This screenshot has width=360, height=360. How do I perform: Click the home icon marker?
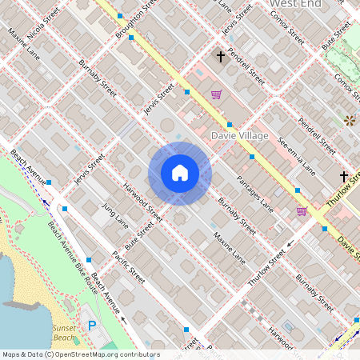(x=180, y=173)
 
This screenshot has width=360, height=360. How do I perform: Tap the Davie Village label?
(x=239, y=136)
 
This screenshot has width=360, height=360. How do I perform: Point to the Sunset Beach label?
(x=64, y=333)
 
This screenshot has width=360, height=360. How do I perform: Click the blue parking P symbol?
(x=91, y=326)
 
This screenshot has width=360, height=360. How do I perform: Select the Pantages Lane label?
(x=256, y=196)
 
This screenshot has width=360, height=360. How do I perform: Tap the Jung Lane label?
(x=114, y=215)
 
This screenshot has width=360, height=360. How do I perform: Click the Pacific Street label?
(x=128, y=268)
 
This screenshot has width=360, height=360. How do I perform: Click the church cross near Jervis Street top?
(x=220, y=57)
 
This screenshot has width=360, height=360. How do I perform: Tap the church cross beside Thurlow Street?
(x=344, y=176)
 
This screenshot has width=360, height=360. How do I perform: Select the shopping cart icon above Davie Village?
(x=216, y=94)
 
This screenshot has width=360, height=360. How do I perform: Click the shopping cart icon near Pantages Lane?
(x=302, y=211)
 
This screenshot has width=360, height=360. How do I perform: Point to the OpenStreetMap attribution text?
(x=80, y=354)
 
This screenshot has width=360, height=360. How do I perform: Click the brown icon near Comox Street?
(x=350, y=120)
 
